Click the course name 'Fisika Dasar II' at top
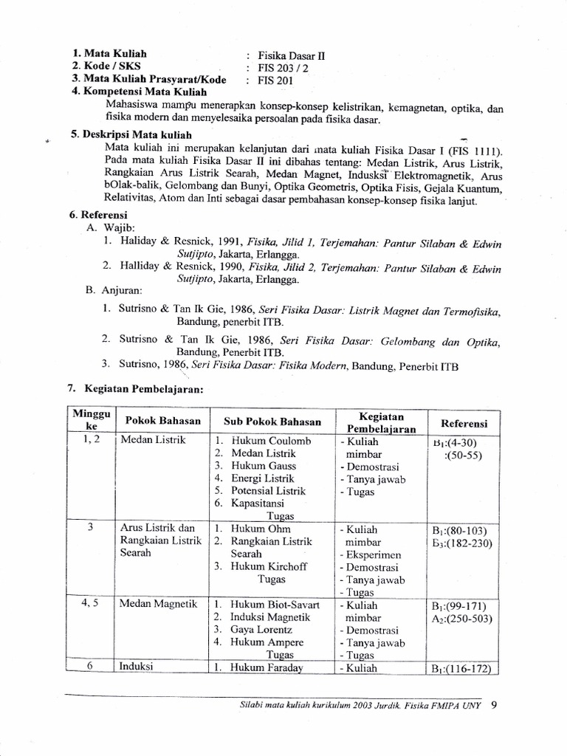point(290,55)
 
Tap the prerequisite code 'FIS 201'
point(275,80)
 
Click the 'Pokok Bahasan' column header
point(162,420)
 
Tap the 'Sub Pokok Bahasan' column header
point(272,422)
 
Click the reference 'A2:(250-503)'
point(463,618)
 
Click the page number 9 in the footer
point(494,704)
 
